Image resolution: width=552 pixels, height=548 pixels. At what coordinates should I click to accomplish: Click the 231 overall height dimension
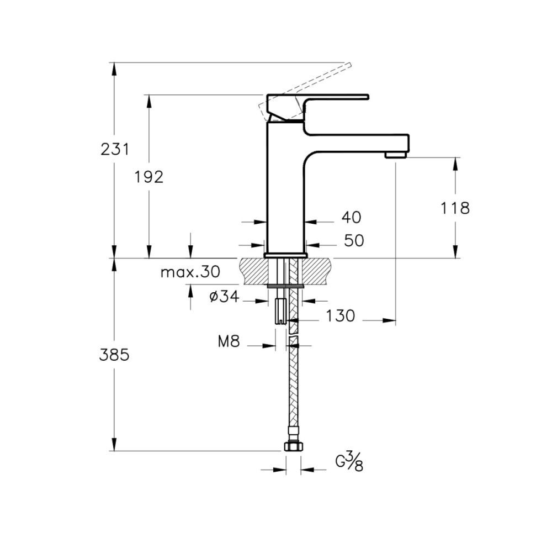114,149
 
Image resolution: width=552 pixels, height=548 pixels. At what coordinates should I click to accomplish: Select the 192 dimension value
150,177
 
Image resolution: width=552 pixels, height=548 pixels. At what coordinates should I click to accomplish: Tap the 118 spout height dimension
455,208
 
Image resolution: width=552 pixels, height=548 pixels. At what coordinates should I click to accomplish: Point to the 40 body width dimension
352,218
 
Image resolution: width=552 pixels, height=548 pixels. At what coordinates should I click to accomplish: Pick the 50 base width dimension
354,241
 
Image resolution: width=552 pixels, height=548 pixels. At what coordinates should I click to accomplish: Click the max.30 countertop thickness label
190,272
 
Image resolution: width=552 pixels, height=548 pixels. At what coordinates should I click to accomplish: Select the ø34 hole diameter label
224,297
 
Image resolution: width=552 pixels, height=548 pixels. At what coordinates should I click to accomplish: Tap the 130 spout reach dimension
340,316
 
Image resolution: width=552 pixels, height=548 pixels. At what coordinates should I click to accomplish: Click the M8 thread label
229,342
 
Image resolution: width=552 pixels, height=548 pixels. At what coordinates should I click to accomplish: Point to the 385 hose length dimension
114,355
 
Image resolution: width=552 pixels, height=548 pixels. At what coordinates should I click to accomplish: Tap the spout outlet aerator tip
395,155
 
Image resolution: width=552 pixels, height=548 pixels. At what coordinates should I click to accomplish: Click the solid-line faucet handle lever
331,98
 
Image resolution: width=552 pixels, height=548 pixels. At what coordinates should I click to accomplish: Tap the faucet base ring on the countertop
285,255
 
